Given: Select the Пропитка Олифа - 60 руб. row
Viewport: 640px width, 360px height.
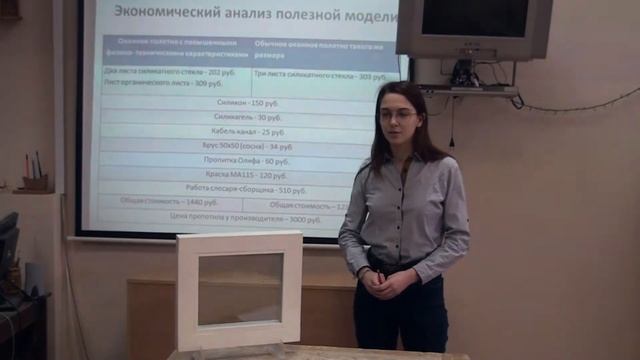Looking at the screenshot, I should tap(246, 160).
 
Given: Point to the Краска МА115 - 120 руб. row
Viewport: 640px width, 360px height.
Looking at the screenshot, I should tap(246, 174).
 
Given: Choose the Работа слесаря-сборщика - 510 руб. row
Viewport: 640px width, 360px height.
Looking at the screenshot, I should tap(246, 189).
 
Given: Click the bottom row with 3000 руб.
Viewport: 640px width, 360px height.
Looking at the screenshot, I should tap(246, 218).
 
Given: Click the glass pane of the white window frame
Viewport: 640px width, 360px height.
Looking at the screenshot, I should tap(239, 288).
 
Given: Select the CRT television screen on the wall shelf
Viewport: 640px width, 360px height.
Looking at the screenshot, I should tap(475, 19).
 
